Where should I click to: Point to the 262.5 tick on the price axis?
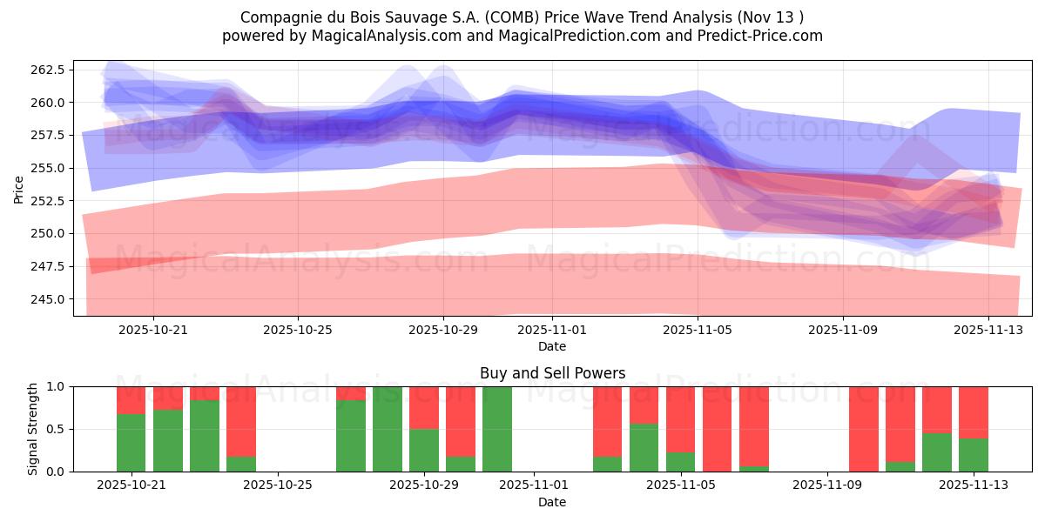(51, 70)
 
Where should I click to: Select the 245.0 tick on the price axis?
(51, 299)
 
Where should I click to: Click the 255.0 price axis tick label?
(51, 168)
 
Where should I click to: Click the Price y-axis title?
(19, 188)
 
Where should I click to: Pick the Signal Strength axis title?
(32, 429)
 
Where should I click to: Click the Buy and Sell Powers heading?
(552, 373)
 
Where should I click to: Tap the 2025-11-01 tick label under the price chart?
(552, 331)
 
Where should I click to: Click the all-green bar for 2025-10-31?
(497, 429)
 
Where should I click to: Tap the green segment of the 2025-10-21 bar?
(131, 443)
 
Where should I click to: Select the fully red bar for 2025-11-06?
(717, 429)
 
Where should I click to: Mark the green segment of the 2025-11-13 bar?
(974, 455)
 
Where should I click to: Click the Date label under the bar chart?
(552, 502)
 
